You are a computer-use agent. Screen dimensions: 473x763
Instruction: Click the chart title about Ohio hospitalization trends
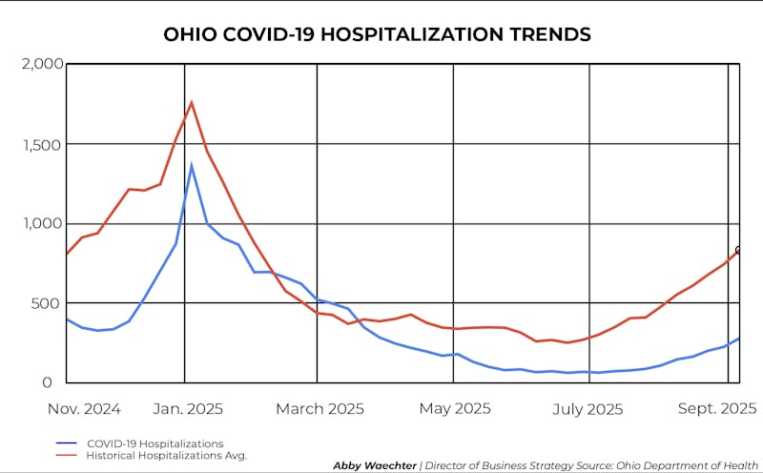coord(378,34)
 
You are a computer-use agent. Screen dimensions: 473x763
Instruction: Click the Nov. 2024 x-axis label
coord(84,408)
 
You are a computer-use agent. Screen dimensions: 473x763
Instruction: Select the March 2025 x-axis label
coord(320,408)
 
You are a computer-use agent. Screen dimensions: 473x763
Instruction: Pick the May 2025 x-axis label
coord(455,408)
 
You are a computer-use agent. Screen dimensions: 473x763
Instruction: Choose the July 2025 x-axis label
coord(588,408)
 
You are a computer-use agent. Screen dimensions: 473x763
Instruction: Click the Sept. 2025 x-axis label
coord(717,408)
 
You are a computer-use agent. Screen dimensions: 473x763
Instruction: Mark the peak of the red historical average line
coord(192,102)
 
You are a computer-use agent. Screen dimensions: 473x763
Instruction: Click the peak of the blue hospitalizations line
coord(192,165)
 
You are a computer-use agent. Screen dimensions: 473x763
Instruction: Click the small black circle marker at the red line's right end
coord(738,250)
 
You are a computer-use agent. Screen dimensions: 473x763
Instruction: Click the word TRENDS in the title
coord(551,34)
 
